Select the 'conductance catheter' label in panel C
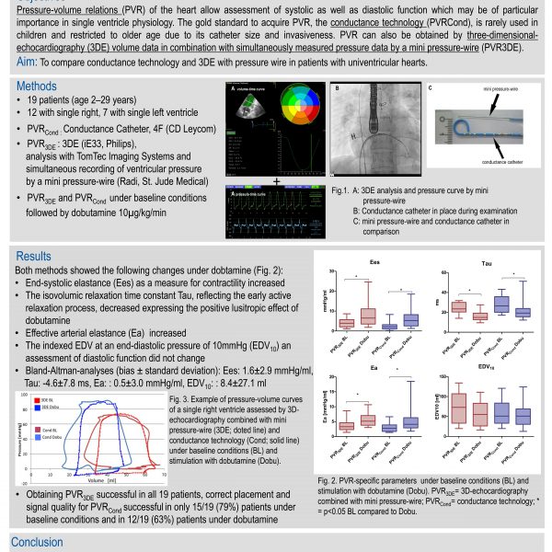[x=498, y=157]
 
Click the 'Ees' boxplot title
[x=375, y=262]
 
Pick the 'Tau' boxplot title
[x=486, y=262]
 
